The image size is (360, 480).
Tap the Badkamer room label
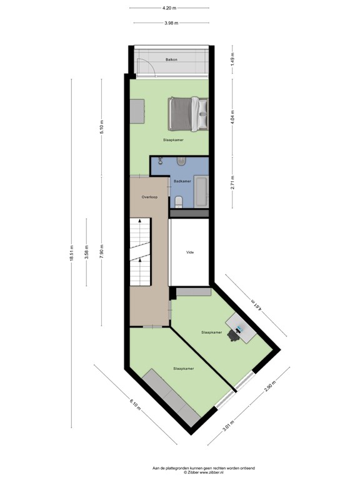182,181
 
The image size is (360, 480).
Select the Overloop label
149,197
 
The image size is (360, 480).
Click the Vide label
189,252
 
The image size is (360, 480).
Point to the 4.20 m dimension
169,8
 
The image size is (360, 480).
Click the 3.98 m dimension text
171,23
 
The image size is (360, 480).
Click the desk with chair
239,327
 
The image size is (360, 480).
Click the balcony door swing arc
142,66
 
